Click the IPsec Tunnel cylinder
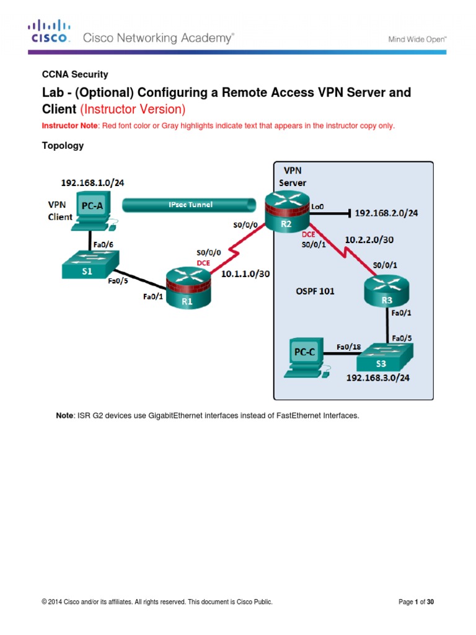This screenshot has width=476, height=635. pos(189,204)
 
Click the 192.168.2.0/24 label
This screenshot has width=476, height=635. pos(386,213)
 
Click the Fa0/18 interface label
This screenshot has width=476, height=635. pos(347,346)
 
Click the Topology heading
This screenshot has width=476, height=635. pos(63,146)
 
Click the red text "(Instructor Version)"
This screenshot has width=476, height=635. pos(133,110)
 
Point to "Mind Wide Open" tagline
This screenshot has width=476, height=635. pos(417,38)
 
